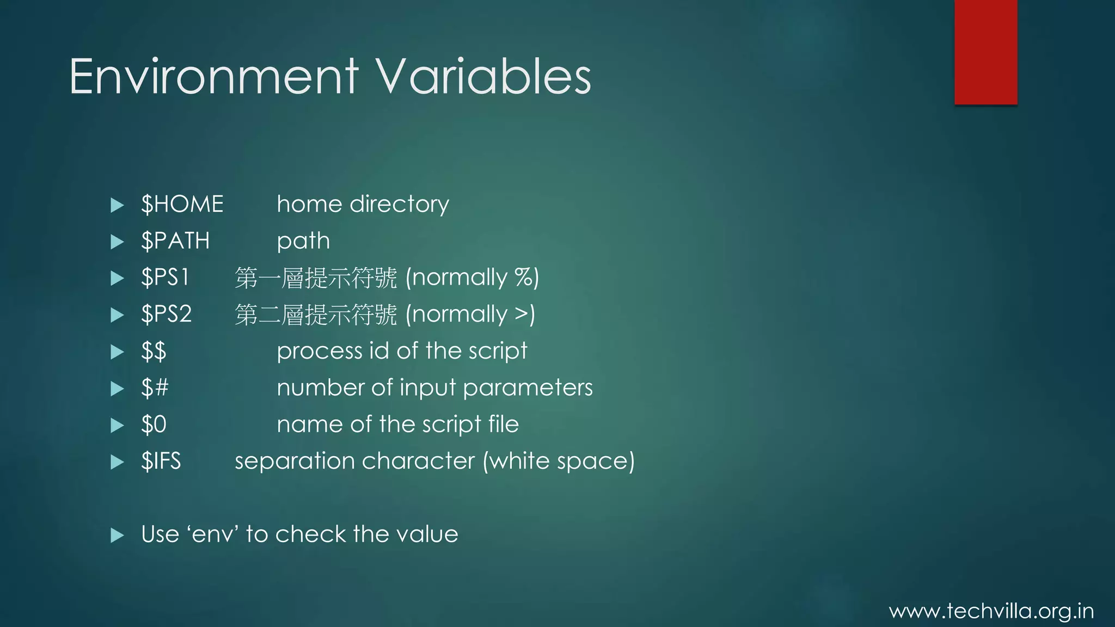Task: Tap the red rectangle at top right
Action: click(x=985, y=52)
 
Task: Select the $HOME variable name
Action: click(x=182, y=205)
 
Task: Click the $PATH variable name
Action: click(x=175, y=241)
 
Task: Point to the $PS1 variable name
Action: click(x=164, y=278)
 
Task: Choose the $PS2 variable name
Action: click(x=166, y=315)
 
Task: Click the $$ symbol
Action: click(x=154, y=352)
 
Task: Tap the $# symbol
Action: click(x=155, y=388)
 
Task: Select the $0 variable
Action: click(x=154, y=425)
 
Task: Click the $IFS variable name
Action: click(x=161, y=462)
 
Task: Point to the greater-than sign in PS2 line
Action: click(x=522, y=315)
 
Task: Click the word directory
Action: click(x=399, y=205)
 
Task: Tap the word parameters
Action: click(x=528, y=388)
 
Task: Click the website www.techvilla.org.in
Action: click(x=991, y=611)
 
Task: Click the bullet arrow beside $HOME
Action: click(x=117, y=205)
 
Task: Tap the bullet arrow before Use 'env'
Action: click(x=117, y=535)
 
